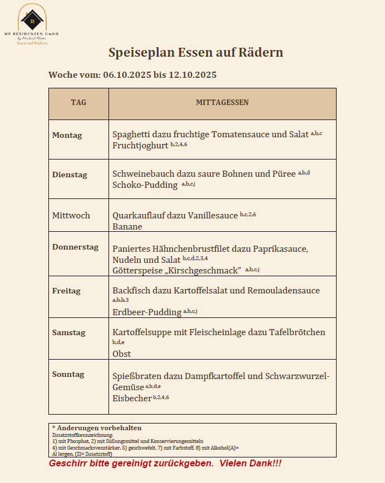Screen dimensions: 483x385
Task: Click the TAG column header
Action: [78, 103]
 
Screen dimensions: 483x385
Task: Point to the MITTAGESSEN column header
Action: [222, 103]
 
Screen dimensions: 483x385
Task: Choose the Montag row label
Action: [67, 135]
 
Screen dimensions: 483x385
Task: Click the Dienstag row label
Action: [70, 175]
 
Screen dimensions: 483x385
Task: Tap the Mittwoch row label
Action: [71, 215]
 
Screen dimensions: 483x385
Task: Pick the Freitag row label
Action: [66, 291]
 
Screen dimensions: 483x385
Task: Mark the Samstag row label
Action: [68, 332]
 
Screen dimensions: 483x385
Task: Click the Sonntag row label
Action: [68, 374]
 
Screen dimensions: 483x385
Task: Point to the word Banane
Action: [127, 227]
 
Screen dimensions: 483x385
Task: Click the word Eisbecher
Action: [132, 398]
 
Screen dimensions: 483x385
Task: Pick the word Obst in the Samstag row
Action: [121, 353]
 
